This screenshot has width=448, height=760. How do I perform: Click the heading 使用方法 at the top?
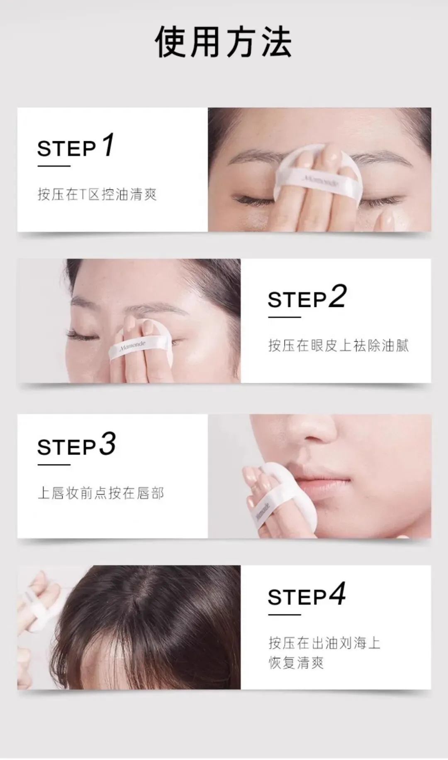[223, 42]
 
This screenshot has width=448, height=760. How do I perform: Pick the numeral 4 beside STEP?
[337, 594]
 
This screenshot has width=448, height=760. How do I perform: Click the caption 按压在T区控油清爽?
[97, 194]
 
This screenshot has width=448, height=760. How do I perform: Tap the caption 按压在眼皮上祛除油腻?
[338, 345]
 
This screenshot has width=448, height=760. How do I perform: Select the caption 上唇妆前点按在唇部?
[101, 493]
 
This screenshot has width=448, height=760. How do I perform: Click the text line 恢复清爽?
[296, 662]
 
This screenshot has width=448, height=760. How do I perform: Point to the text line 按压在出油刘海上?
[324, 643]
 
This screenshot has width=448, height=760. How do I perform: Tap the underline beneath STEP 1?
[54, 166]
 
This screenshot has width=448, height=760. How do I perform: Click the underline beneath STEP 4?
[284, 615]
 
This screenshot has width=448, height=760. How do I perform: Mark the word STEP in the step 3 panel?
[67, 447]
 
